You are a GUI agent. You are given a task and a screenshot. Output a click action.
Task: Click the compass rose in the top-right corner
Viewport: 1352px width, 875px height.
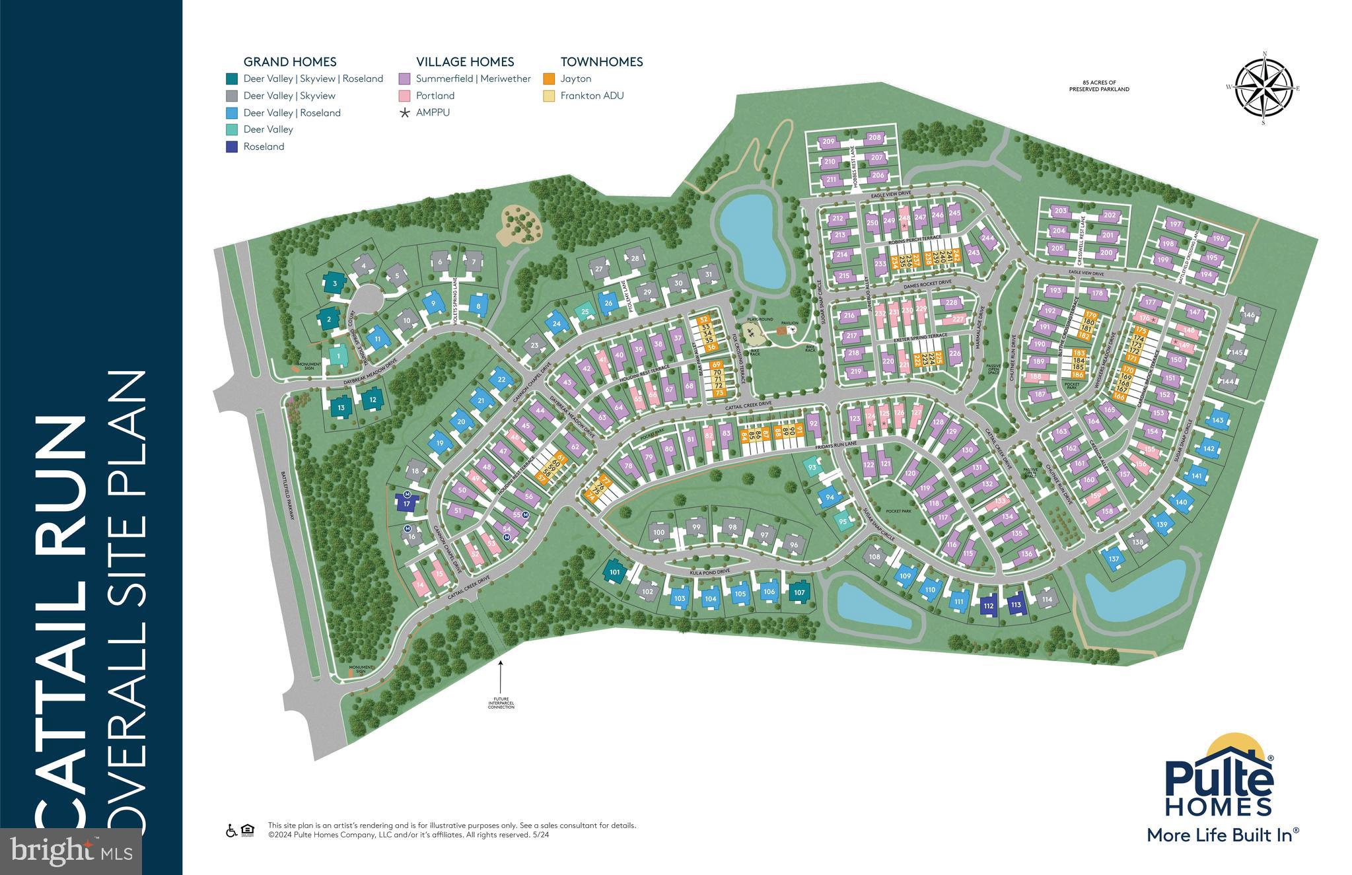point(1263,88)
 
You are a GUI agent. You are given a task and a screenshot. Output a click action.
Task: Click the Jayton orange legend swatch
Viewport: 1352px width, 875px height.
point(548,79)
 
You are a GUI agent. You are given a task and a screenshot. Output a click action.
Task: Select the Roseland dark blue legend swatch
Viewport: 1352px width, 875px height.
point(231,147)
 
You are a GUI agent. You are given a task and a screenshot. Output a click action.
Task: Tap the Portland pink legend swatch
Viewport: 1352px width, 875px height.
point(404,96)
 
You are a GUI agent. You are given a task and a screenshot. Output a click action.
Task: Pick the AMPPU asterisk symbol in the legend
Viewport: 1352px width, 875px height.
point(404,113)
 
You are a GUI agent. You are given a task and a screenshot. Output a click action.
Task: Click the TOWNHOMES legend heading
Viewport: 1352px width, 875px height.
point(601,62)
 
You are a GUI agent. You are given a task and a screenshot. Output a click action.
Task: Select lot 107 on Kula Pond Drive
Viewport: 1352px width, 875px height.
point(799,592)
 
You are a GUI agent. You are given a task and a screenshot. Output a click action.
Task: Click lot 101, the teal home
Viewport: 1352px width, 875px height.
point(615,572)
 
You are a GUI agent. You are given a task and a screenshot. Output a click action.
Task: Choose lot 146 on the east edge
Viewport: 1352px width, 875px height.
point(1248,316)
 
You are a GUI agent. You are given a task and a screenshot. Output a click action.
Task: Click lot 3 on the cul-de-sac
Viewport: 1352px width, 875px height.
point(335,284)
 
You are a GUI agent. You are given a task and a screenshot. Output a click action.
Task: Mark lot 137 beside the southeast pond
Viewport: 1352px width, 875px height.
point(1114,559)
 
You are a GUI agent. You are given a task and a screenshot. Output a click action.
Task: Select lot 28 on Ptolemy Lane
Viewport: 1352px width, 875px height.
point(635,258)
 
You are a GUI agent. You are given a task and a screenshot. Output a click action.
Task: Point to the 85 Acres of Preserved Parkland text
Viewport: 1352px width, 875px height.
point(1099,86)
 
